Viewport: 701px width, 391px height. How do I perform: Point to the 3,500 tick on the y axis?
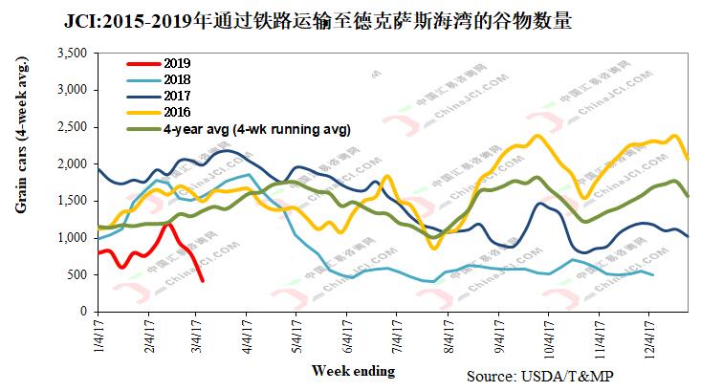pos(73,54)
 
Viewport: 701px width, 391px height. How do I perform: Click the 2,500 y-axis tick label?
pos(73,127)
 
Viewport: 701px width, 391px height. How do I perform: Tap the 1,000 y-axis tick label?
pos(73,238)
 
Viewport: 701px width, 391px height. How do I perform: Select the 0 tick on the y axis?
pos(83,312)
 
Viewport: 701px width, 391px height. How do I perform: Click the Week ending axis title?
pos(352,370)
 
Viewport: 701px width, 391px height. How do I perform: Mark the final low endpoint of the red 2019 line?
pos(202,280)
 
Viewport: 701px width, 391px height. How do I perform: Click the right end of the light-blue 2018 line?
pos(653,275)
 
